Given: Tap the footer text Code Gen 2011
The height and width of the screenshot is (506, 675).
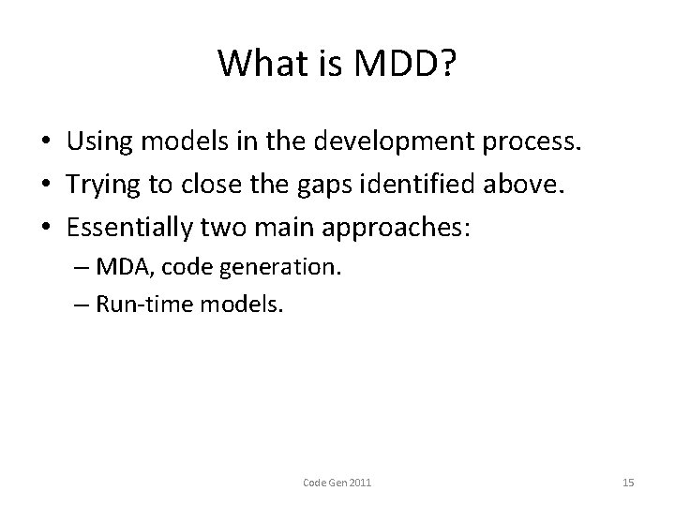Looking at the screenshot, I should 337,483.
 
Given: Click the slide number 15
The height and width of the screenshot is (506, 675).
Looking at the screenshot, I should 628,483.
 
